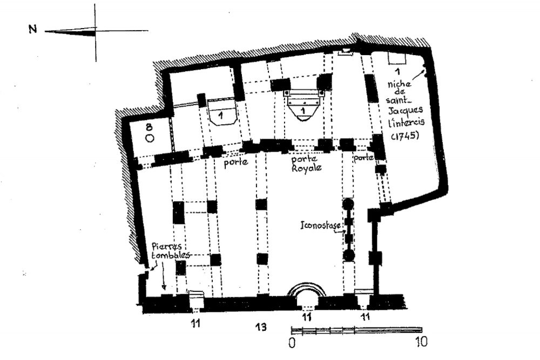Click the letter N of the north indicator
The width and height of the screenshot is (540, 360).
[x=33, y=29]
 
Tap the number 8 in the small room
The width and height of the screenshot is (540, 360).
[x=149, y=127]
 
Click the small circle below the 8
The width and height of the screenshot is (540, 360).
[x=150, y=138]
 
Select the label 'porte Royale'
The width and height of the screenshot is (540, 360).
[x=306, y=164]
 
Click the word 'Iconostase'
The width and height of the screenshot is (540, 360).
[x=321, y=226]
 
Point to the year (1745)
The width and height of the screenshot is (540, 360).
[x=405, y=135]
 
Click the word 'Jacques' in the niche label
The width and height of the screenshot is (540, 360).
[x=406, y=111]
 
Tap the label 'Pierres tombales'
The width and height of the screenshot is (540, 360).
[x=168, y=251]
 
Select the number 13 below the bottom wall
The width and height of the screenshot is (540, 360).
[x=261, y=326]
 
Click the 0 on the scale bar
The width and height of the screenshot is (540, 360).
[x=292, y=342]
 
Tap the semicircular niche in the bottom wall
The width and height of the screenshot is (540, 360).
[x=307, y=291]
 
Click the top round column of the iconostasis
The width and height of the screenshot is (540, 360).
[x=348, y=203]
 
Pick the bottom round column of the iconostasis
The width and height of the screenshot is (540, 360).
[x=348, y=255]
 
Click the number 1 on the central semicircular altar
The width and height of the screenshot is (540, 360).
[x=303, y=111]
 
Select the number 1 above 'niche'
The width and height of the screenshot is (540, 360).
[x=398, y=72]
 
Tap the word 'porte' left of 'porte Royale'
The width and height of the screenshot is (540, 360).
[x=236, y=162]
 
